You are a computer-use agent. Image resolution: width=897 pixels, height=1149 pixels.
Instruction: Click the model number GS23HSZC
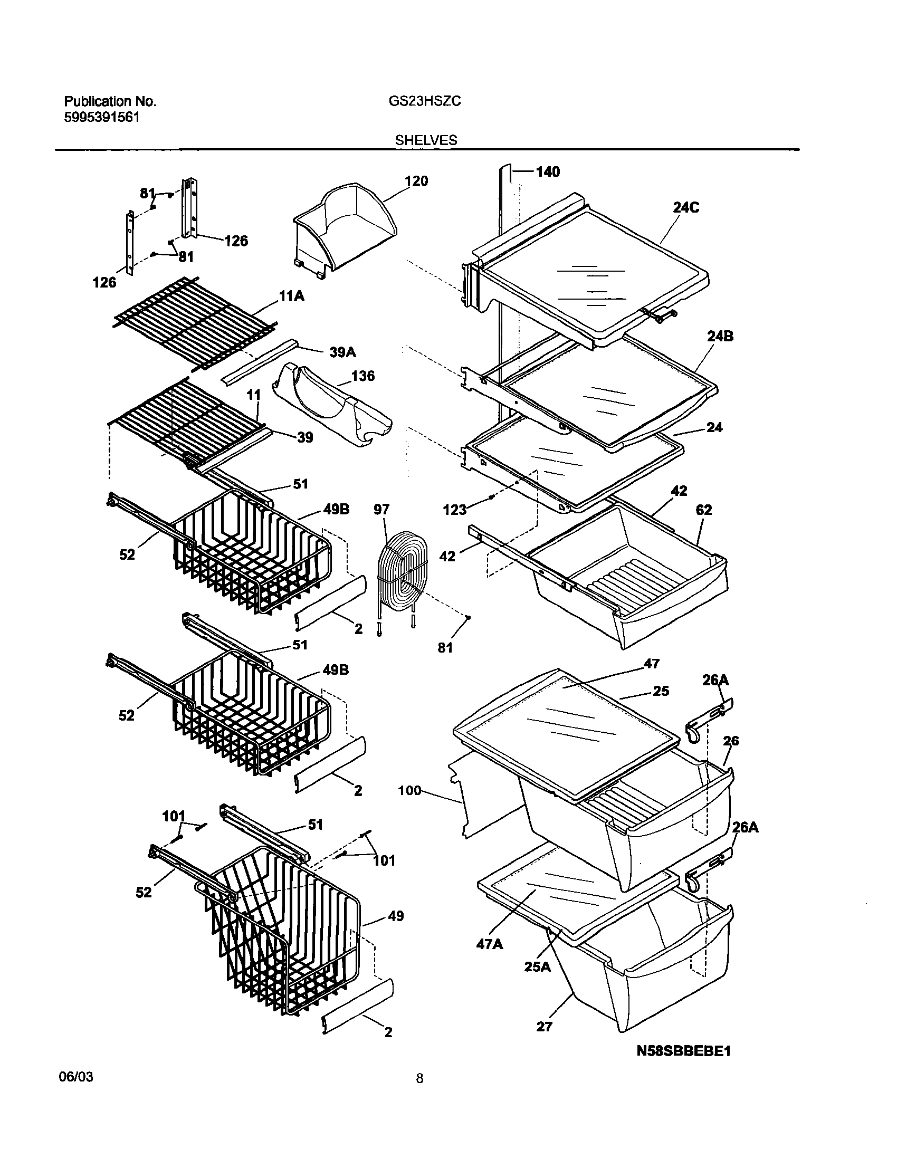click(425, 101)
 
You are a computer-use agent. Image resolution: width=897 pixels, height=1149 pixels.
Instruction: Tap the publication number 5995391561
click(102, 117)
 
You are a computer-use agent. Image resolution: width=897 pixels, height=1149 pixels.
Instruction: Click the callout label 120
click(416, 181)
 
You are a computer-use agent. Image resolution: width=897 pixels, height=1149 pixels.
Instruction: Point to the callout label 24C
click(686, 208)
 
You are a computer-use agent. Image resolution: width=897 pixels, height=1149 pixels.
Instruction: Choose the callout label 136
click(362, 376)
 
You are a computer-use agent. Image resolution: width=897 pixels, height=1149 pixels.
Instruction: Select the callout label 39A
click(342, 352)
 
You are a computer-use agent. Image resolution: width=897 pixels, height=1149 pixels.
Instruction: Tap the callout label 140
click(548, 172)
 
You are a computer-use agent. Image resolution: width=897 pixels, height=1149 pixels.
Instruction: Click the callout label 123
click(455, 510)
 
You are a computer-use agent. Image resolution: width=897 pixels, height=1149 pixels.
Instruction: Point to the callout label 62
click(704, 510)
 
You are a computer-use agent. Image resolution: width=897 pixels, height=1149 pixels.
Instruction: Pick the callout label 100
click(410, 790)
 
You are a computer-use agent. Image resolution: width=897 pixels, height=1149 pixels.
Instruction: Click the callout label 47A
click(490, 943)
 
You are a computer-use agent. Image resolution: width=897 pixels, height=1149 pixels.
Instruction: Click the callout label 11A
click(292, 297)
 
